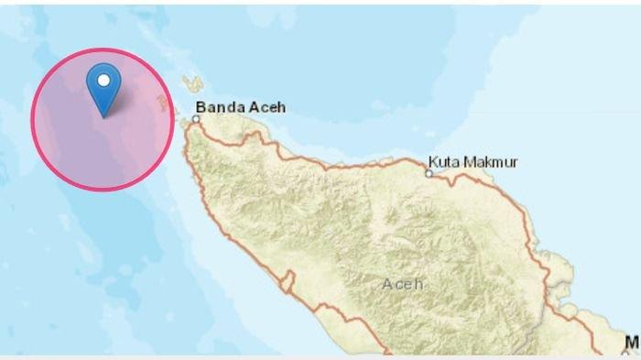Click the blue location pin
103,87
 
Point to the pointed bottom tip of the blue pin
103,116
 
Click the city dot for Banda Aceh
196,118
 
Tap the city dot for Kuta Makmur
429,172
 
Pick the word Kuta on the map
447,162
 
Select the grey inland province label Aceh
403,284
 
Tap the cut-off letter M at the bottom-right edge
632,343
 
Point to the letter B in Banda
201,107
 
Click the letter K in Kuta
436,162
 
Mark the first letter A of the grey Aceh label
387,284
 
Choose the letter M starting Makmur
472,162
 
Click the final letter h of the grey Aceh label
419,284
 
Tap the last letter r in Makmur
515,163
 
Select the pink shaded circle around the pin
64,147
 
